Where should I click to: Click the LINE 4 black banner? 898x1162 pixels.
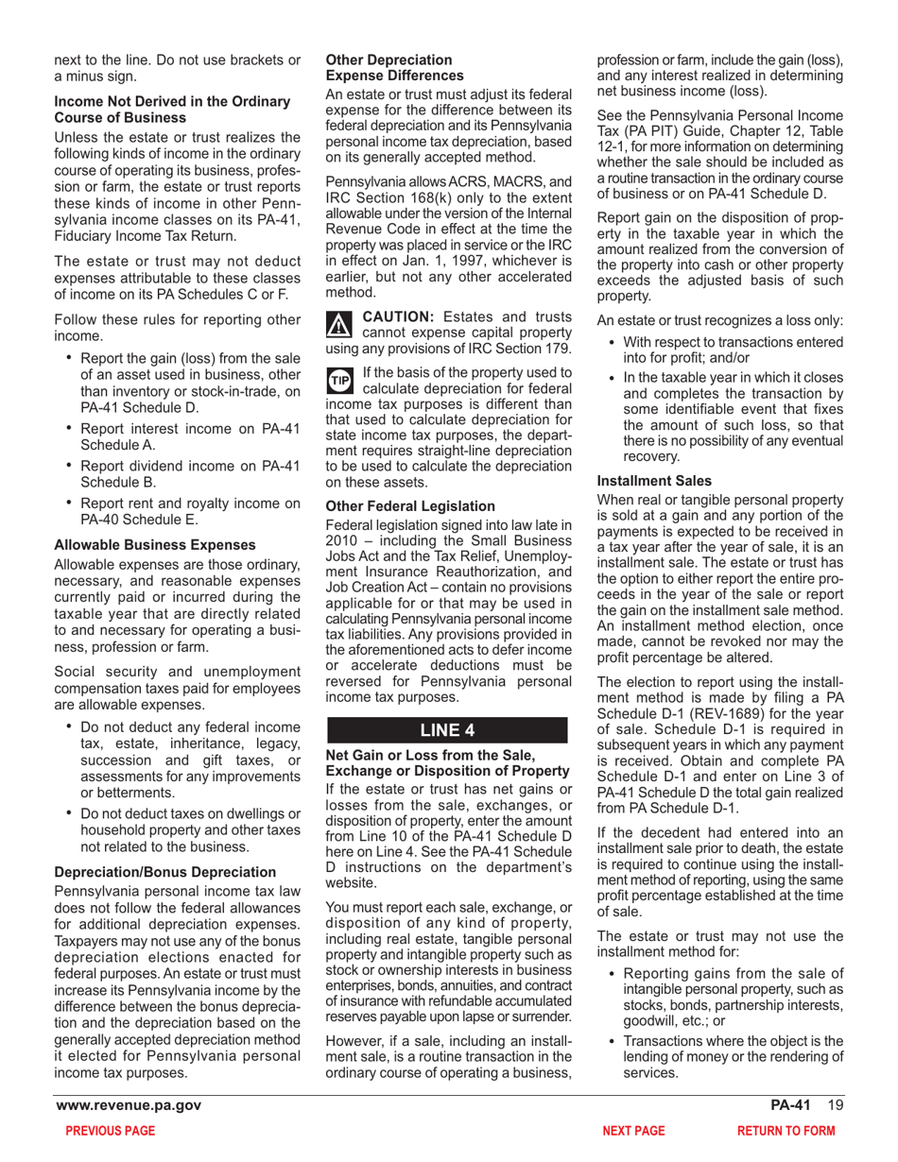[x=446, y=730]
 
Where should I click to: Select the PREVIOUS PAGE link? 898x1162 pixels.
[x=106, y=1130]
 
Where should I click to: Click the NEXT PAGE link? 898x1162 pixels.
[x=633, y=1130]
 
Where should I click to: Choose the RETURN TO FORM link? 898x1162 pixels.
[x=786, y=1130]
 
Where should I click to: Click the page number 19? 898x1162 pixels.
[x=835, y=1105]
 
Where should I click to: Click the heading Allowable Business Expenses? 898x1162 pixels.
[x=155, y=545]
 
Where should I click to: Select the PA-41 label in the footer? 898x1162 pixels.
[x=790, y=1105]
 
